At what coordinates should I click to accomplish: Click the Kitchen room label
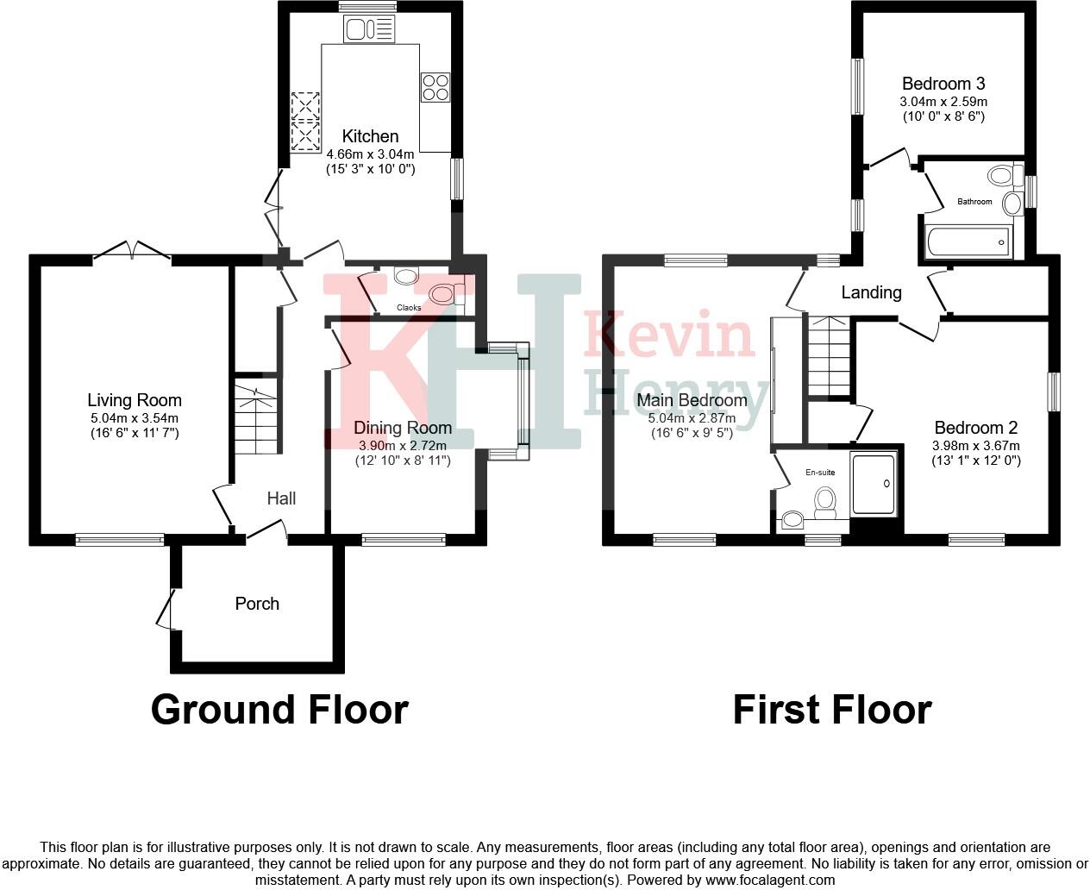pos(370,136)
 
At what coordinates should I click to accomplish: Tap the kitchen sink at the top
pos(369,31)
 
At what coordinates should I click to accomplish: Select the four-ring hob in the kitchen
pos(435,87)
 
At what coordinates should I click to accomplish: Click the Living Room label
pos(135,400)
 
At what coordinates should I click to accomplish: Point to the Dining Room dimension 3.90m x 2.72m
pos(403,446)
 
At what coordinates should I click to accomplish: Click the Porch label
pos(257,604)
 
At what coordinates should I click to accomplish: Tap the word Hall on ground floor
pos(281,498)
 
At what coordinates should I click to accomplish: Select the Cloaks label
pos(409,308)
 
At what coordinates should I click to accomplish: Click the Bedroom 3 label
pos(943,84)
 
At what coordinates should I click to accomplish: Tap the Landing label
pos(871,292)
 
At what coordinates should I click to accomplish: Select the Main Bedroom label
pos(692,400)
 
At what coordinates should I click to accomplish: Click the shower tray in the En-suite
pos(874,484)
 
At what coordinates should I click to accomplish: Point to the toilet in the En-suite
pos(825,502)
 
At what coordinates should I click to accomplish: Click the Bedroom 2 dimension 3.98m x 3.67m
pos(975,446)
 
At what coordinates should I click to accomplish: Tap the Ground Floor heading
pos(279,710)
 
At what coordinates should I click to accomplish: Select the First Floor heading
pos(832,710)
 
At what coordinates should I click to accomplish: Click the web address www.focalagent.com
pos(770,881)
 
